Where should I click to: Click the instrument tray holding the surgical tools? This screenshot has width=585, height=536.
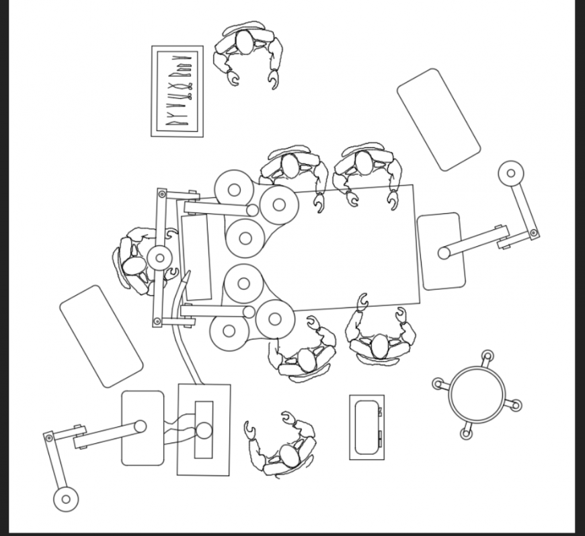pos(177,91)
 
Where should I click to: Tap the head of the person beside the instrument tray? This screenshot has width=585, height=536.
pos(245,43)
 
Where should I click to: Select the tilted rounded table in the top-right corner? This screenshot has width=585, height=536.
pos(438,119)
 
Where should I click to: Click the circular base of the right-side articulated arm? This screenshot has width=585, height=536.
pos(511,174)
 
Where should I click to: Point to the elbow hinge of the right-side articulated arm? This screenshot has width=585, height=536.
pos(533,233)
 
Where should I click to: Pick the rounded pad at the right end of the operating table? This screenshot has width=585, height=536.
pos(441,251)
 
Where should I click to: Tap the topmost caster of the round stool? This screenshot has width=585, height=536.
pos(487,355)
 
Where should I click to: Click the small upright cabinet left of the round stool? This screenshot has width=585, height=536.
pos(366,427)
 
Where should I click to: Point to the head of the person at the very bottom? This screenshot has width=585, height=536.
pos(290,455)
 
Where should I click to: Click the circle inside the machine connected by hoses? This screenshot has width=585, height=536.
pos(204,430)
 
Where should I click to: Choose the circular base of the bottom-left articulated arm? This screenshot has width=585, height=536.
pos(66,499)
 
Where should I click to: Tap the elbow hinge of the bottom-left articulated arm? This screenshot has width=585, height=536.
pos(48,436)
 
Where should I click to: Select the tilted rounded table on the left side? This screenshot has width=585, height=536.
pos(101,336)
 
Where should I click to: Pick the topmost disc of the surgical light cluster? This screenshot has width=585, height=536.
pos(233,190)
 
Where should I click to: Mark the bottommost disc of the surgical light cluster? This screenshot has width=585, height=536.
pos(229,331)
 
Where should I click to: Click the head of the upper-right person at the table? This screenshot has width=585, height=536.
pos(364,163)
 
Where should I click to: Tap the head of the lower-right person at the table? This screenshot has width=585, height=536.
pos(380,346)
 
